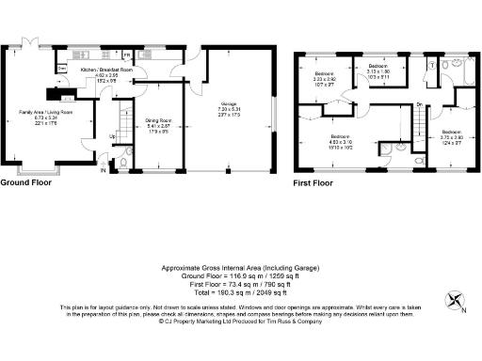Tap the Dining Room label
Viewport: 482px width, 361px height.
(x=156, y=124)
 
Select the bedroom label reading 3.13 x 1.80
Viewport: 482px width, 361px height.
(x=379, y=72)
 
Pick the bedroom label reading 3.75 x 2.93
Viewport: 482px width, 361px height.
(x=452, y=138)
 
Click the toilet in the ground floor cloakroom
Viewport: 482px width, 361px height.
(x=123, y=165)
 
